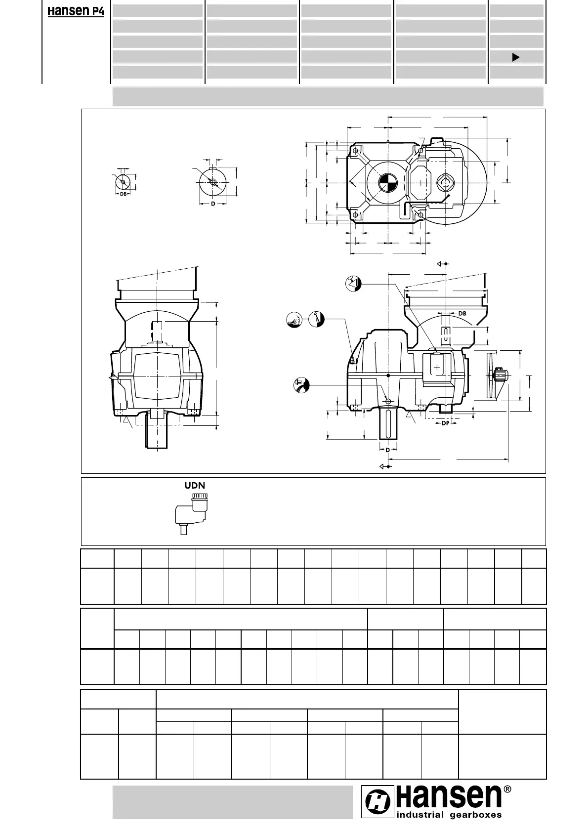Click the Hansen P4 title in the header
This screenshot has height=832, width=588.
click(76, 11)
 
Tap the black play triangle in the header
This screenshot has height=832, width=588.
click(515, 57)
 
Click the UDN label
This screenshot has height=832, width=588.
click(195, 486)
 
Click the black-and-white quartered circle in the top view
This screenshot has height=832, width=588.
click(388, 183)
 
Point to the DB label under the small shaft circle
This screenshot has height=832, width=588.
click(123, 194)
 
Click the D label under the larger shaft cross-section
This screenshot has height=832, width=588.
click(213, 204)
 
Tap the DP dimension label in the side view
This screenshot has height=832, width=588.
click(445, 423)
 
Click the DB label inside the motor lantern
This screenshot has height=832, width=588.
click(462, 314)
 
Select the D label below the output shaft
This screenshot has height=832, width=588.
click(388, 450)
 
